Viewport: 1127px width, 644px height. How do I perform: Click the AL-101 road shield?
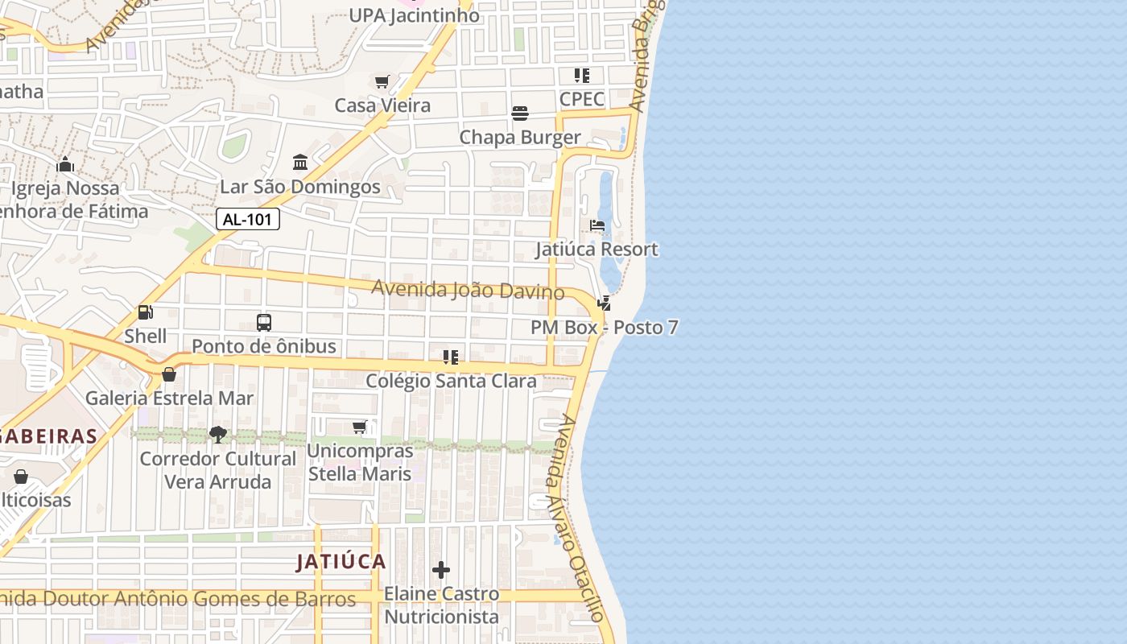(x=248, y=219)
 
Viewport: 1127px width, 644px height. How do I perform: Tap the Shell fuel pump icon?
(x=146, y=312)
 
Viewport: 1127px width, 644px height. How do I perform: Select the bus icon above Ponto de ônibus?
(x=263, y=323)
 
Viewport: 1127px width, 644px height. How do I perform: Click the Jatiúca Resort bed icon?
(x=597, y=225)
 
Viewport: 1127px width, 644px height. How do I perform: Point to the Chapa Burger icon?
(x=520, y=114)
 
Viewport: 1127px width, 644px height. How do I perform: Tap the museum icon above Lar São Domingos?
(x=300, y=163)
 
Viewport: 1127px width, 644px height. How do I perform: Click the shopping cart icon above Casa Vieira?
(x=382, y=81)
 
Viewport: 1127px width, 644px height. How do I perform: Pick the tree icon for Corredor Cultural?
(x=217, y=435)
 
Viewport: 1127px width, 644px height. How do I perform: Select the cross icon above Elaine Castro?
(x=441, y=570)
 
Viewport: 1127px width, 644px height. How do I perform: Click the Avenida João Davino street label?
(x=467, y=290)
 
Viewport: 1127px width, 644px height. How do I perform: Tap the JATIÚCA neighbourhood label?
(x=341, y=562)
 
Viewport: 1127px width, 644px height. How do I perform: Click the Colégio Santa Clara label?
(x=451, y=381)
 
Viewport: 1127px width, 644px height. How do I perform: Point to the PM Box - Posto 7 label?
(x=604, y=328)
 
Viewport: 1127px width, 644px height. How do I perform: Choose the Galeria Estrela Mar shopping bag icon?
(x=169, y=374)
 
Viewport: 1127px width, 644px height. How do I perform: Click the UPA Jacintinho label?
(x=414, y=15)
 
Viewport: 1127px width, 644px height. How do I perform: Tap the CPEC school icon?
(x=582, y=76)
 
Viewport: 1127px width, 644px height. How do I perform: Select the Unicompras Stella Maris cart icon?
(x=360, y=427)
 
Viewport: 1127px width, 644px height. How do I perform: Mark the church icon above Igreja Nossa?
(x=65, y=165)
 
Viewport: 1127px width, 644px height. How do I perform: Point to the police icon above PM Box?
(x=604, y=303)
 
